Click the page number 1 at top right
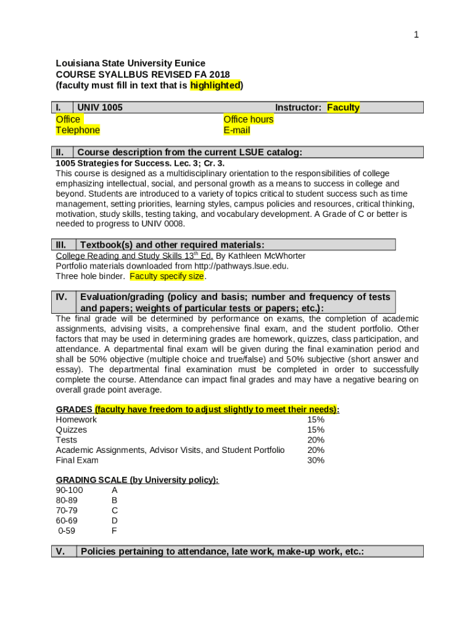[x=416, y=35]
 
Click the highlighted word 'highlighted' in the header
[x=215, y=86]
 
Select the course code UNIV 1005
[x=99, y=108]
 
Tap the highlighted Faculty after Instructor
[x=343, y=108]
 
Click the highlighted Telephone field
[x=78, y=130]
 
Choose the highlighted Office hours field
[x=248, y=119]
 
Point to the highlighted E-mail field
[x=237, y=130]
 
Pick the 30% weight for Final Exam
[x=316, y=460]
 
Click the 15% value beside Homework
[x=316, y=420]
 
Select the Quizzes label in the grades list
[x=72, y=429]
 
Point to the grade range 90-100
[x=69, y=490]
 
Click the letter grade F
[x=114, y=531]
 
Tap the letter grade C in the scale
[x=115, y=510]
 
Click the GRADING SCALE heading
[x=137, y=480]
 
